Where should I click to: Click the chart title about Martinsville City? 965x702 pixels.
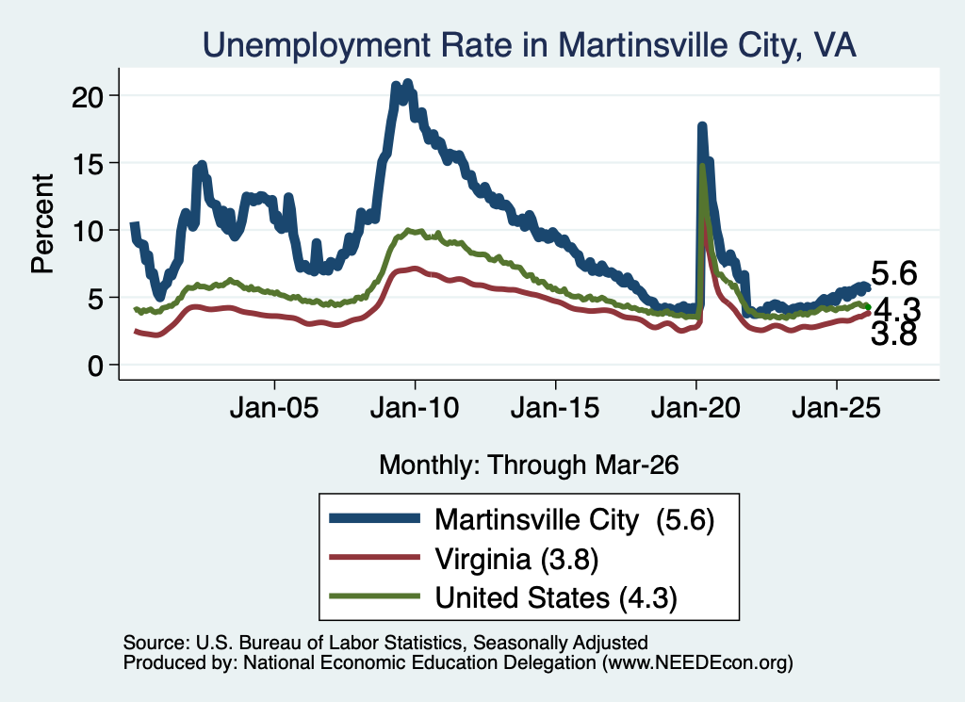(x=530, y=45)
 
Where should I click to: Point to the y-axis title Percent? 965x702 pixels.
(x=42, y=223)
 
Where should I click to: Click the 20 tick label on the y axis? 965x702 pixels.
(x=87, y=96)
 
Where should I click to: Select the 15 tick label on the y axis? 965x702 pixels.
(x=87, y=163)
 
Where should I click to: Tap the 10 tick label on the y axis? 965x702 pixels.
(x=87, y=231)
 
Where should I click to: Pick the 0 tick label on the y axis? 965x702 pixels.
(x=95, y=366)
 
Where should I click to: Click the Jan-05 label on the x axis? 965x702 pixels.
(x=274, y=408)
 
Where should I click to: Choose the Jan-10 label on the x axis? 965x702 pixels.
(x=415, y=408)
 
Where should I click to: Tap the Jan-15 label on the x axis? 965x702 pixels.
(x=555, y=408)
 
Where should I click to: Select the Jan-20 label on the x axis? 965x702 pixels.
(x=695, y=408)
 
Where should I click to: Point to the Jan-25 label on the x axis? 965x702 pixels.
(x=837, y=408)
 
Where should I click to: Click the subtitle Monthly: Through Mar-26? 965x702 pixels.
(x=529, y=465)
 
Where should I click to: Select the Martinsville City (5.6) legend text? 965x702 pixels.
(x=574, y=520)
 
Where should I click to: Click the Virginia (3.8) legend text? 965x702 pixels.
(x=516, y=560)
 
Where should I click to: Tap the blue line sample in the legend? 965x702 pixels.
(x=375, y=518)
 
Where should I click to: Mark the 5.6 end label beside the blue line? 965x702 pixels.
(x=894, y=273)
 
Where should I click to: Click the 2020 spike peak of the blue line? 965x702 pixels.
(x=701, y=125)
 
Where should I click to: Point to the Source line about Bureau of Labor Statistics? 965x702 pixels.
(x=385, y=643)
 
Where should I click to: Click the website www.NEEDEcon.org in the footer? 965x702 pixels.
(x=697, y=662)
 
